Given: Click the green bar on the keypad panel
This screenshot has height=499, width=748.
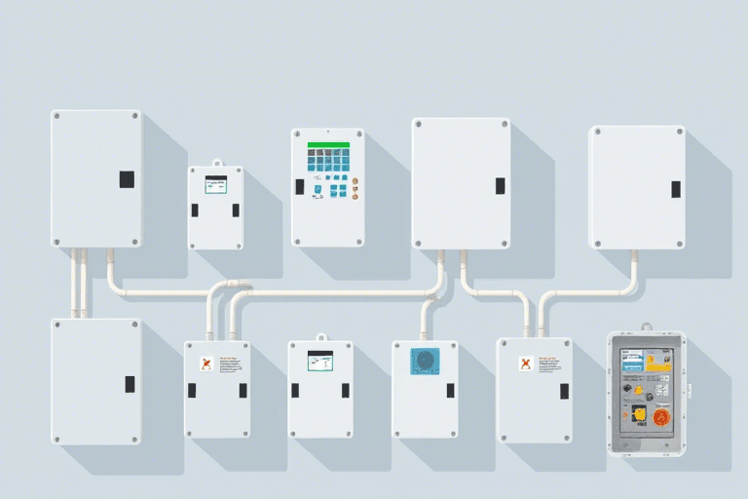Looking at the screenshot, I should (328, 144).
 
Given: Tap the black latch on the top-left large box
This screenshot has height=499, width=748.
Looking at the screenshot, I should (127, 179).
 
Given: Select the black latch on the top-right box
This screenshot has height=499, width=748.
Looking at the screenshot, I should (675, 189).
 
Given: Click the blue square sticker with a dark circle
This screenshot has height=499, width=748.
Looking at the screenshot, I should (425, 362).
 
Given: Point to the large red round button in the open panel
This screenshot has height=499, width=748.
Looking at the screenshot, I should (660, 418).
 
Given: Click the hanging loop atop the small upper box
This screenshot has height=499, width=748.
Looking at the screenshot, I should (215, 163).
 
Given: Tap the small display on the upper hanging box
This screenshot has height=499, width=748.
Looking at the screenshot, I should (215, 184).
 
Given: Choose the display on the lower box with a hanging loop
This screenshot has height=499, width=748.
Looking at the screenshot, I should (320, 360).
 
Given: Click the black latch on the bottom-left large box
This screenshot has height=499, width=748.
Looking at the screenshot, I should (130, 384).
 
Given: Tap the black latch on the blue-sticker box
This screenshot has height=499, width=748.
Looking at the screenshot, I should (450, 390).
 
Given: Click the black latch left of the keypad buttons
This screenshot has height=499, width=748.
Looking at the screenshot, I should (300, 186).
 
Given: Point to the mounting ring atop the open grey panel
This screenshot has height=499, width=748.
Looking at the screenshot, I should (646, 327).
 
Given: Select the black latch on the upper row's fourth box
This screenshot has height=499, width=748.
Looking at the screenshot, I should (500, 185).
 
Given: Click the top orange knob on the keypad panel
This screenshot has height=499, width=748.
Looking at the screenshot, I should (355, 180).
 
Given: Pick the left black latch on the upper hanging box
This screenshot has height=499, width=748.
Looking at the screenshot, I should (196, 210).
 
